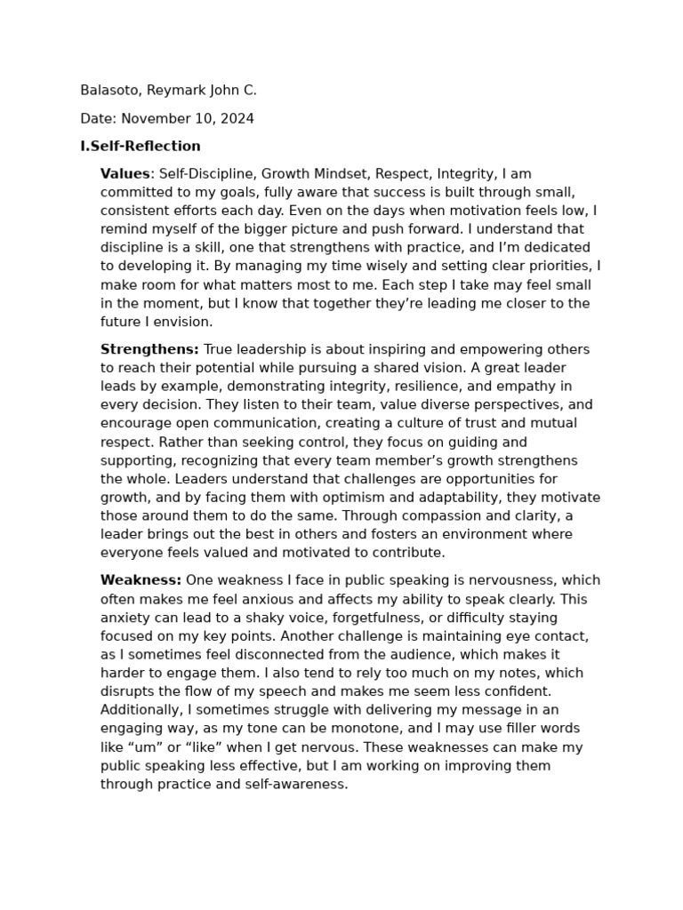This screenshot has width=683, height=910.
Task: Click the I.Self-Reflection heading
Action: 141,146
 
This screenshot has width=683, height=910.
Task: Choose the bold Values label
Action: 125,173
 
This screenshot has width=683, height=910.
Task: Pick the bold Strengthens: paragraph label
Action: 149,349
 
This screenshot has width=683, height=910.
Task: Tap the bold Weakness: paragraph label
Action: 141,580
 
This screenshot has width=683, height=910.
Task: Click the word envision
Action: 184,322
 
